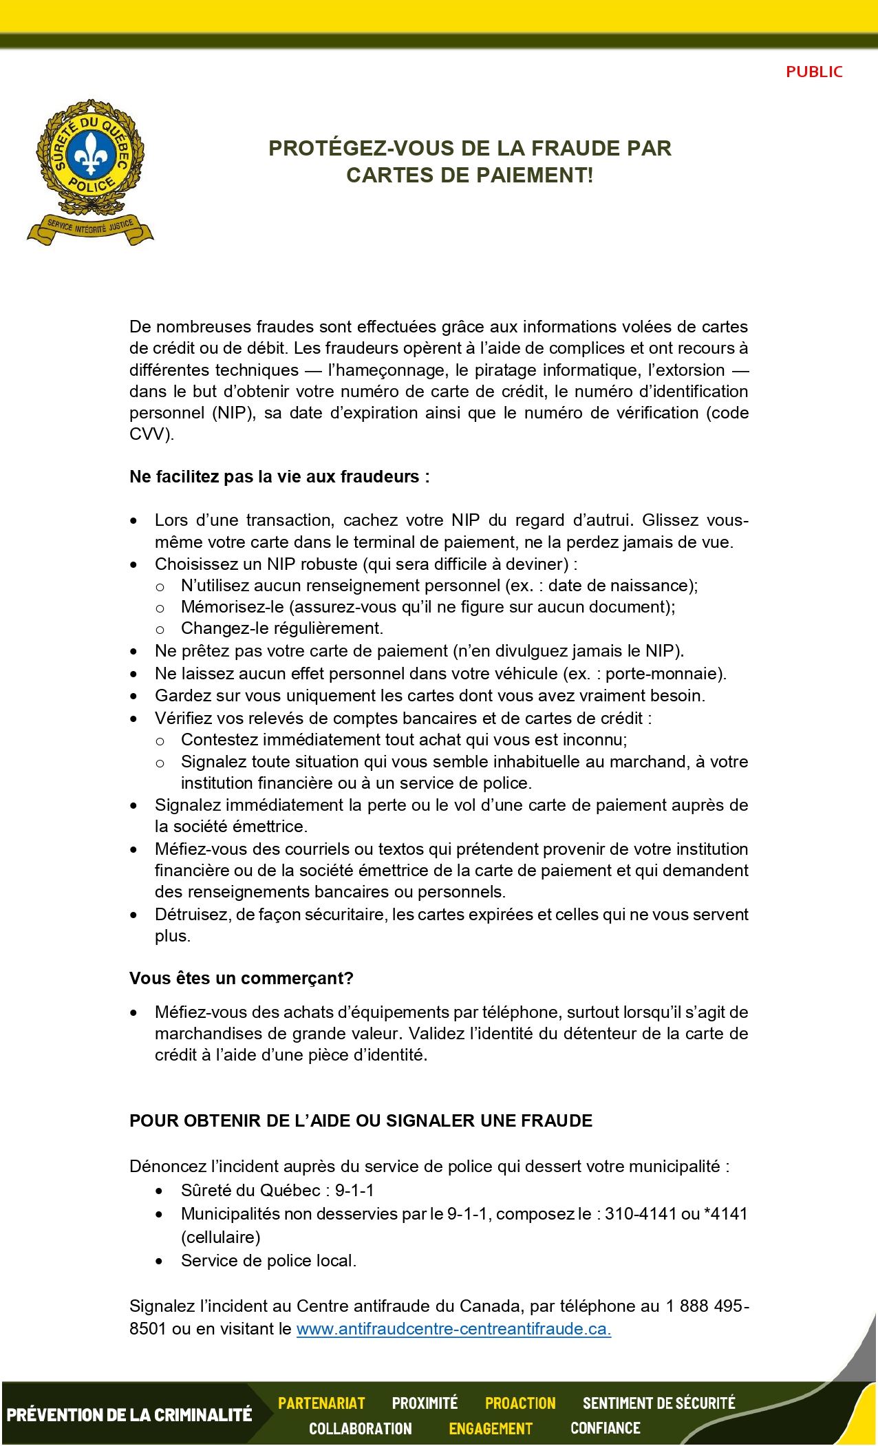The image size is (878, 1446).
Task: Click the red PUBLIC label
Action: point(814,72)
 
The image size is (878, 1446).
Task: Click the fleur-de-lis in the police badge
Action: point(90,156)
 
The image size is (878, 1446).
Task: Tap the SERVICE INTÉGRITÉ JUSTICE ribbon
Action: point(90,227)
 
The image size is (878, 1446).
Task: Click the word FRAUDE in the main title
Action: point(575,148)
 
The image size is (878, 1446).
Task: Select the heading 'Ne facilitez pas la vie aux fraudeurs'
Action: point(279,476)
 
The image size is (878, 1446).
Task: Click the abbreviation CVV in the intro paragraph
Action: point(148,434)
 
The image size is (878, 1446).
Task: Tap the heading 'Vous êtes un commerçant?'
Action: point(241,978)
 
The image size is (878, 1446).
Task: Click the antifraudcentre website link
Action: point(453,1328)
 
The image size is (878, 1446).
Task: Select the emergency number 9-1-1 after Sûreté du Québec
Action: point(354,1190)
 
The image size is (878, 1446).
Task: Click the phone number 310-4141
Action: point(641,1213)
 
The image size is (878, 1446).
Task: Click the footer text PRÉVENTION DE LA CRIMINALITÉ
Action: point(129,1415)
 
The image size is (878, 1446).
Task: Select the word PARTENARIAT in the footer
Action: point(321,1403)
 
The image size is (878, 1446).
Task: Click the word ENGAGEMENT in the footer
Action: point(491,1429)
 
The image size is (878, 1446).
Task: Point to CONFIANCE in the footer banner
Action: point(605,1428)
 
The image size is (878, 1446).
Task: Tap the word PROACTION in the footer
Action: point(520,1403)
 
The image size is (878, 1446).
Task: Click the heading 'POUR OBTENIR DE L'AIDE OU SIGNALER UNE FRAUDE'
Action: point(361,1120)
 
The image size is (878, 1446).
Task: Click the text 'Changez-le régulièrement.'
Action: point(282,628)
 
